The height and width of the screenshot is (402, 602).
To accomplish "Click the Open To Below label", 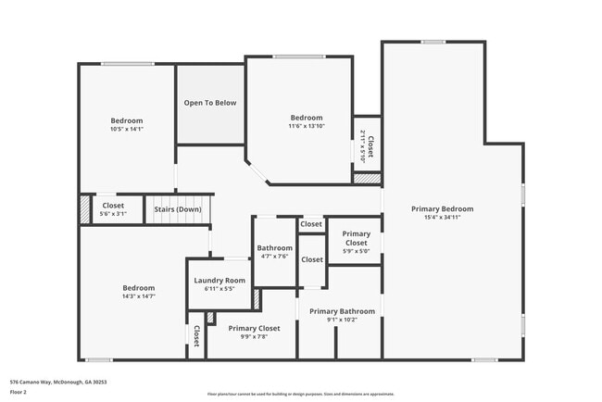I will [210, 103].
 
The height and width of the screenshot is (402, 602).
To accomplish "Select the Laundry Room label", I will [219, 281].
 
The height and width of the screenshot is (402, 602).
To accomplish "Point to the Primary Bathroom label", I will [342, 311].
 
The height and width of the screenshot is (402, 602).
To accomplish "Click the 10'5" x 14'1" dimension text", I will [127, 130].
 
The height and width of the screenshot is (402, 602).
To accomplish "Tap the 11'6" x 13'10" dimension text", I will [307, 126].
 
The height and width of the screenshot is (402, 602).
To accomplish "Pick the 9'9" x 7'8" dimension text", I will [254, 337].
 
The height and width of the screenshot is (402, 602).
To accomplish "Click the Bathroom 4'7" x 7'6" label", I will [274, 252].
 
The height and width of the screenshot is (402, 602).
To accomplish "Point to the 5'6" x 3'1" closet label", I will [113, 209].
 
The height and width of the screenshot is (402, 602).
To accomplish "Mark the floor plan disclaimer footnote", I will [300, 394].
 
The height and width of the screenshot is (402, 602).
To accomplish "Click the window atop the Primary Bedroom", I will [433, 41].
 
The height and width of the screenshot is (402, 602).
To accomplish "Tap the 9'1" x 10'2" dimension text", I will [342, 320].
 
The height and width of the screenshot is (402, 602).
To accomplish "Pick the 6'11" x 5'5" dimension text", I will [219, 289].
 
